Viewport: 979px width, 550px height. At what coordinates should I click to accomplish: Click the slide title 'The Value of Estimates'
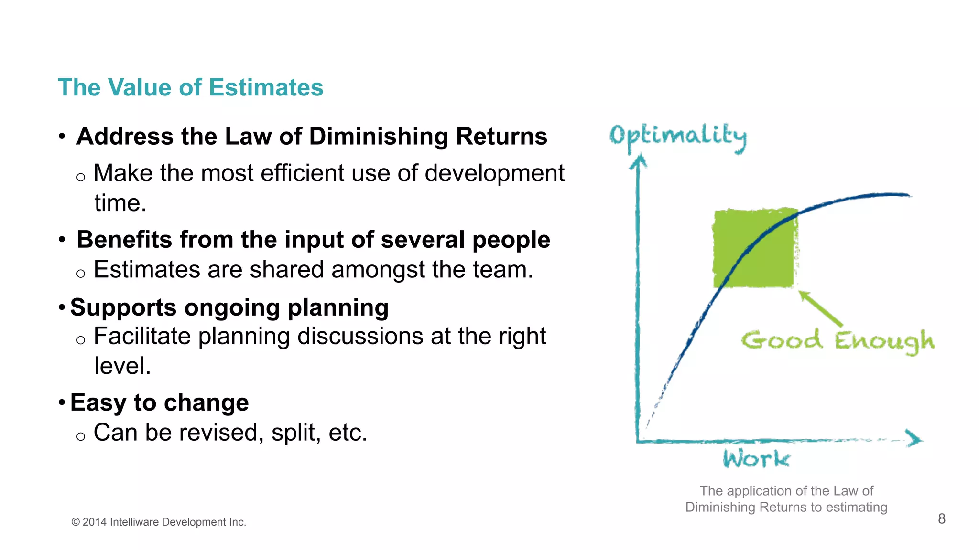[x=190, y=88]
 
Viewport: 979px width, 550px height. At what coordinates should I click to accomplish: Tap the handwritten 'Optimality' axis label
[x=677, y=137]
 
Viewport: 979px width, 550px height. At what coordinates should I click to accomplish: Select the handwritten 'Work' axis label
[x=756, y=459]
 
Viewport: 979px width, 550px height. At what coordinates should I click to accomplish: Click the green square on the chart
[x=754, y=248]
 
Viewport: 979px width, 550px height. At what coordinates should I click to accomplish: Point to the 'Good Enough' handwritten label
[x=838, y=341]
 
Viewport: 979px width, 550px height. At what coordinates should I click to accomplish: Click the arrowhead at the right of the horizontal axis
[x=914, y=439]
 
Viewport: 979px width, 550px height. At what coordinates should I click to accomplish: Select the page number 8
[x=942, y=519]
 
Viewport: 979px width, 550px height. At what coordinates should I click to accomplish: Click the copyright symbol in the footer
[x=76, y=522]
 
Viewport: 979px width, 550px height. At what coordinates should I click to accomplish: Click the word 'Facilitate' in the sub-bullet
[x=143, y=336]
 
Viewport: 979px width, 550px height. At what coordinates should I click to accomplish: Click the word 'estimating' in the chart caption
[x=856, y=507]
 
